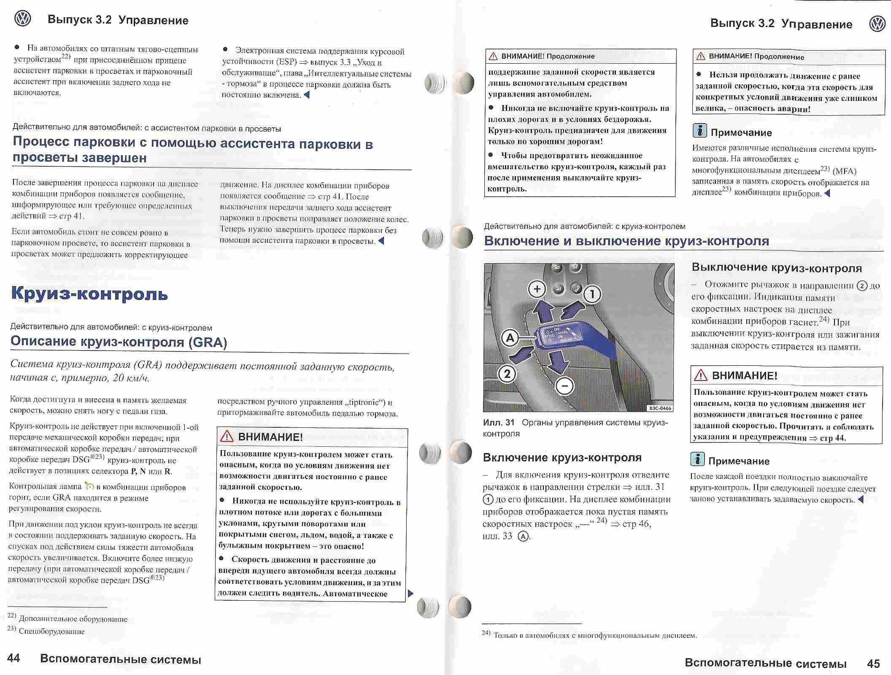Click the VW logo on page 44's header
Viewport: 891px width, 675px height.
[22, 19]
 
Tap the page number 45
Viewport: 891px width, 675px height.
[873, 664]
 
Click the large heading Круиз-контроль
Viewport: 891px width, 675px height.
[89, 293]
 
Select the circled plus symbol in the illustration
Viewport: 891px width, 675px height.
[537, 289]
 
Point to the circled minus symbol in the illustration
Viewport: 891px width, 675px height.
[564, 385]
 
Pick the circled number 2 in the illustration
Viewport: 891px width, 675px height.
[507, 374]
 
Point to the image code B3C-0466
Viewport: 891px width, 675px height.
[660, 408]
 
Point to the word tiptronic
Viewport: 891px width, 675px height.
[362, 402]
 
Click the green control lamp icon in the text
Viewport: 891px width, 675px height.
[89, 486]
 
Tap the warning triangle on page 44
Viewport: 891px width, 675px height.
[227, 436]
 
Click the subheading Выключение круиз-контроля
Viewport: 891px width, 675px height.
[777, 267]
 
